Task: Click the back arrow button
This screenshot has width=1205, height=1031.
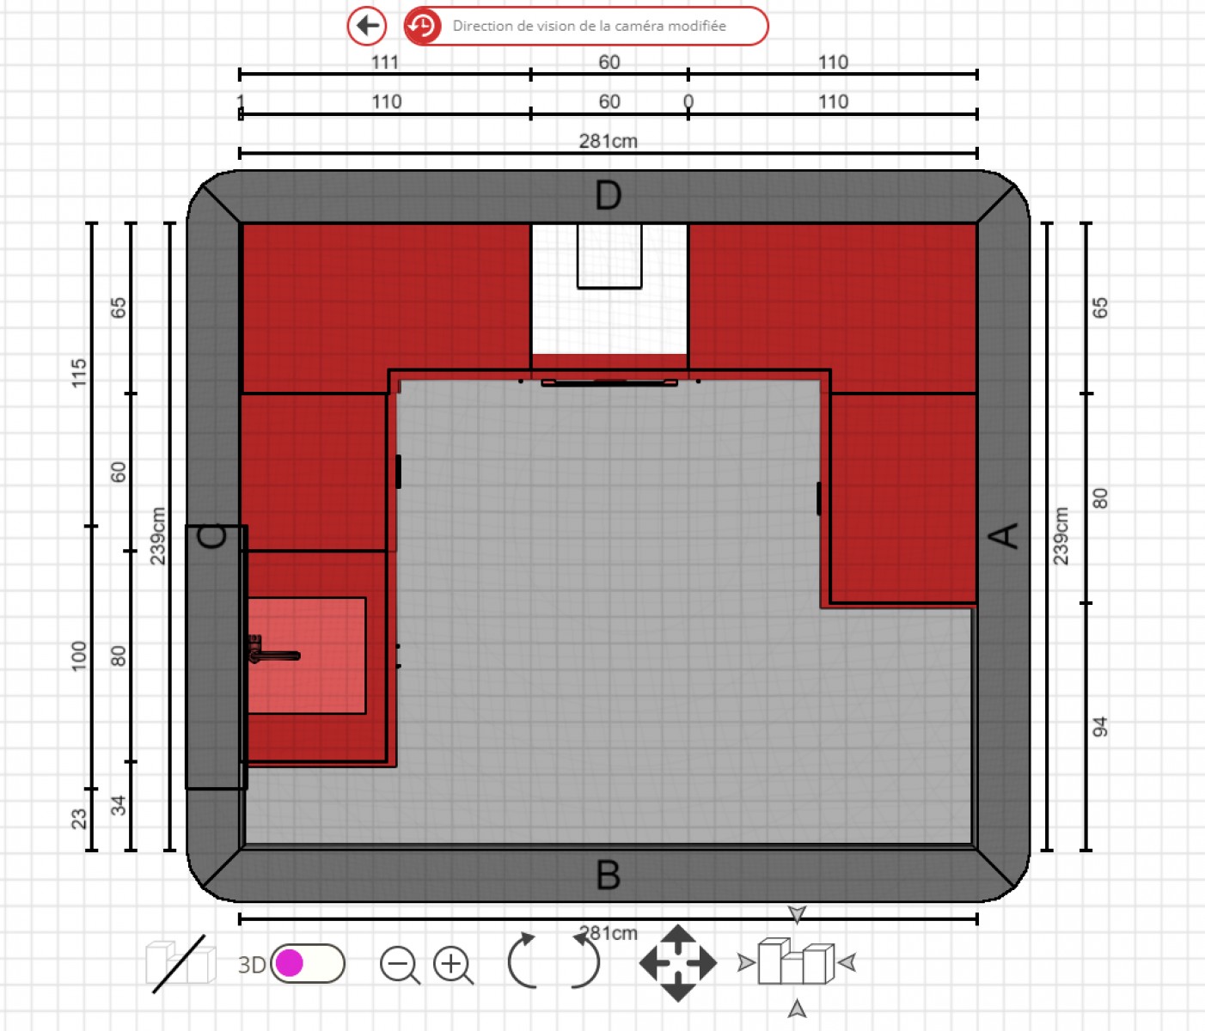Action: (367, 26)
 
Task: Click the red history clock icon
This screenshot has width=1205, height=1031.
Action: (422, 26)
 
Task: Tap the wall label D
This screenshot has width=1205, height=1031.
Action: (608, 196)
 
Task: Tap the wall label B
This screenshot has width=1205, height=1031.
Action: (608, 875)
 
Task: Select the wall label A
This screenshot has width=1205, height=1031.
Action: (1004, 535)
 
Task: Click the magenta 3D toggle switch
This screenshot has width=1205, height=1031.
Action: (307, 963)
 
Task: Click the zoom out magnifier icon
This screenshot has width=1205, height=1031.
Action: (400, 966)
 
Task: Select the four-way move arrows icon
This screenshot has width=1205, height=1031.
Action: (677, 963)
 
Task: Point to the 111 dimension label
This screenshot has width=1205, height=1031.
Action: (385, 63)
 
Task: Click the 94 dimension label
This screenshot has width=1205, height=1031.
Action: (1099, 727)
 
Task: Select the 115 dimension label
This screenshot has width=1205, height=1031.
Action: (79, 373)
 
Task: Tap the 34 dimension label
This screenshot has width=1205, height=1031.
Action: (119, 805)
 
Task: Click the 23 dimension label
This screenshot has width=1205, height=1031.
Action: (79, 819)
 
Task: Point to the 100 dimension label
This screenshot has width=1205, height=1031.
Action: (79, 656)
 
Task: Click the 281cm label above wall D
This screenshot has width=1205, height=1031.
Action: (608, 141)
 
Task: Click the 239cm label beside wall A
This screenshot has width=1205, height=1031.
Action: (1061, 536)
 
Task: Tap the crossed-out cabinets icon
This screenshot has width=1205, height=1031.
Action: (180, 963)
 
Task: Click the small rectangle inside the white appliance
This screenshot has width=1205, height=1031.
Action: (609, 256)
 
